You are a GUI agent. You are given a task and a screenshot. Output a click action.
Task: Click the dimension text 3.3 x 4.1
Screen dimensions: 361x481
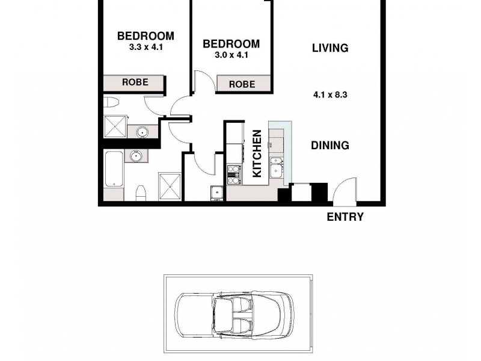click(x=146, y=46)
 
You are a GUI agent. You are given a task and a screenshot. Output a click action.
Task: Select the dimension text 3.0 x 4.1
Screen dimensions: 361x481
click(x=231, y=55)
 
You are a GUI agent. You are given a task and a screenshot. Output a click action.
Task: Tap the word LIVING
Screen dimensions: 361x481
click(x=330, y=48)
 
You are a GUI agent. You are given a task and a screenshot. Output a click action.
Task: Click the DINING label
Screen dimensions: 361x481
click(x=330, y=145)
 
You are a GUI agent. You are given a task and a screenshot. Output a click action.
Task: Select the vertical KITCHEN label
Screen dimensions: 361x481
click(x=257, y=153)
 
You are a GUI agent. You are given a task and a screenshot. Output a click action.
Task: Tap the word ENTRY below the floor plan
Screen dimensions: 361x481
click(x=345, y=217)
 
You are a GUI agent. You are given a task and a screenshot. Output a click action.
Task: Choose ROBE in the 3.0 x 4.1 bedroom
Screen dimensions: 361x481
click(x=242, y=85)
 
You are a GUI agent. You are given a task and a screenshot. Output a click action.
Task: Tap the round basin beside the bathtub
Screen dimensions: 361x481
click(x=137, y=156)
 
